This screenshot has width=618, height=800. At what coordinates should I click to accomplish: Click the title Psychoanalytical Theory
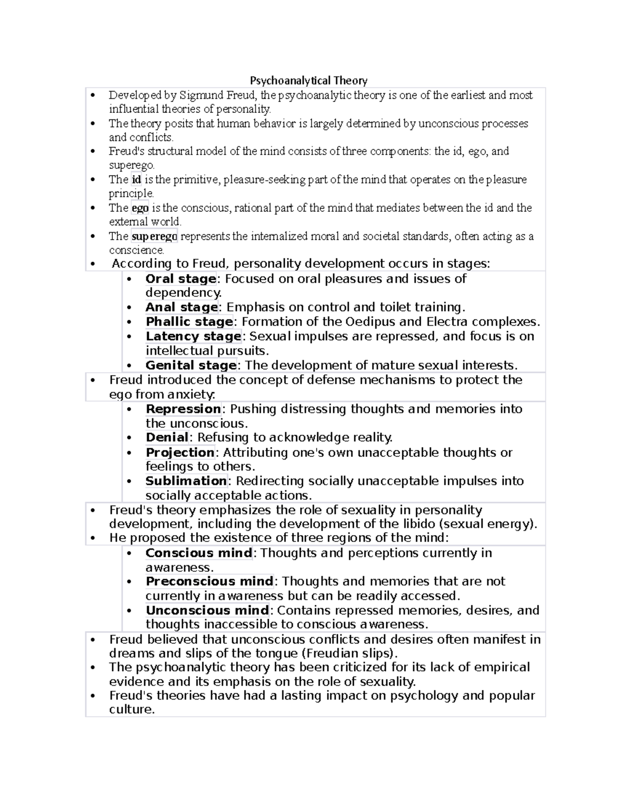(308, 80)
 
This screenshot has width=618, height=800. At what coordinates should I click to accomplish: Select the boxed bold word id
(136, 180)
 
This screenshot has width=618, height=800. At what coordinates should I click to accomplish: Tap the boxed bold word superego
(154, 236)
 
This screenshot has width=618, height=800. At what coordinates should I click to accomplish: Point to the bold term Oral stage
(181, 279)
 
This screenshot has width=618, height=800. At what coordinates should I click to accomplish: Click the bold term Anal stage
(182, 308)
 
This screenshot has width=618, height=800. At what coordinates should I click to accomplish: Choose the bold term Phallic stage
(189, 322)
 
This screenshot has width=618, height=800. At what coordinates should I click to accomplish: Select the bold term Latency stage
(193, 336)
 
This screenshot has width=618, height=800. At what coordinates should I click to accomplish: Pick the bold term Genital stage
(191, 365)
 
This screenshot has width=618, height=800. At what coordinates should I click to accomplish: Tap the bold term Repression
(183, 409)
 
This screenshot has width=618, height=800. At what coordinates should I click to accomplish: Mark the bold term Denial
(167, 437)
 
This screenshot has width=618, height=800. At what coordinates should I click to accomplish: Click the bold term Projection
(180, 452)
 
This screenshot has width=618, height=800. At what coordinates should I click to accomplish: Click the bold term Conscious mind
(199, 553)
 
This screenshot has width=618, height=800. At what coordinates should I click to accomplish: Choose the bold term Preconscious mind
(209, 582)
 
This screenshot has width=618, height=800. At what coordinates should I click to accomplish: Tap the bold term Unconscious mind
(207, 610)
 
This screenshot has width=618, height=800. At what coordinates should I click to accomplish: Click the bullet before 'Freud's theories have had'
(93, 696)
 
